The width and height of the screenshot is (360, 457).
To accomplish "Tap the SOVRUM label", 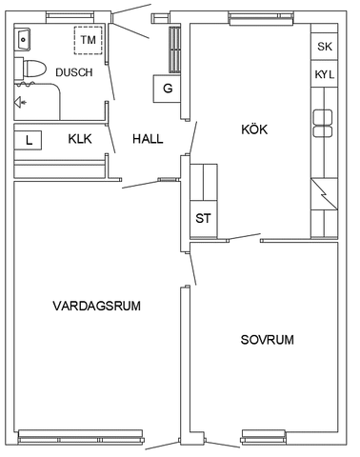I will point(267,339).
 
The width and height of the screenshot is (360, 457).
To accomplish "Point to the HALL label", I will point(148,139).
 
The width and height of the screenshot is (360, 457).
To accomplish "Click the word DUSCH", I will point(73,72).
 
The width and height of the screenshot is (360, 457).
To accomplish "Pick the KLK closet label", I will point(80,139).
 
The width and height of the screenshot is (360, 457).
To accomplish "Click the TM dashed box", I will point(88,41).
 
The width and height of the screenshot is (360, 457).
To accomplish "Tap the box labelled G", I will point(168,89).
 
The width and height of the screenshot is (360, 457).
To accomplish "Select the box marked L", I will point(30,140).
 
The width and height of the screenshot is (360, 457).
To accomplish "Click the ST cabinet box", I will point(204,218).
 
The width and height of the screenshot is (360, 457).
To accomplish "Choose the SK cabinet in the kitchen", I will point(324,46).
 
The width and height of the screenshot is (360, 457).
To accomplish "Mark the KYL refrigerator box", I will point(324,74).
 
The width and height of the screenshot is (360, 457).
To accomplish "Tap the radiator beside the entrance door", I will point(175,48).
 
